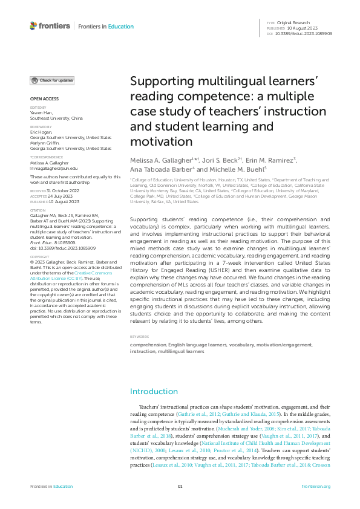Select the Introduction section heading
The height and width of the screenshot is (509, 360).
pos(154,391)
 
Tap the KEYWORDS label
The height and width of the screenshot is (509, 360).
pos(139,337)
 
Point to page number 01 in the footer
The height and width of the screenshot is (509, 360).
pos(180,487)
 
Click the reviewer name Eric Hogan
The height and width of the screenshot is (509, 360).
pos(41,132)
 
